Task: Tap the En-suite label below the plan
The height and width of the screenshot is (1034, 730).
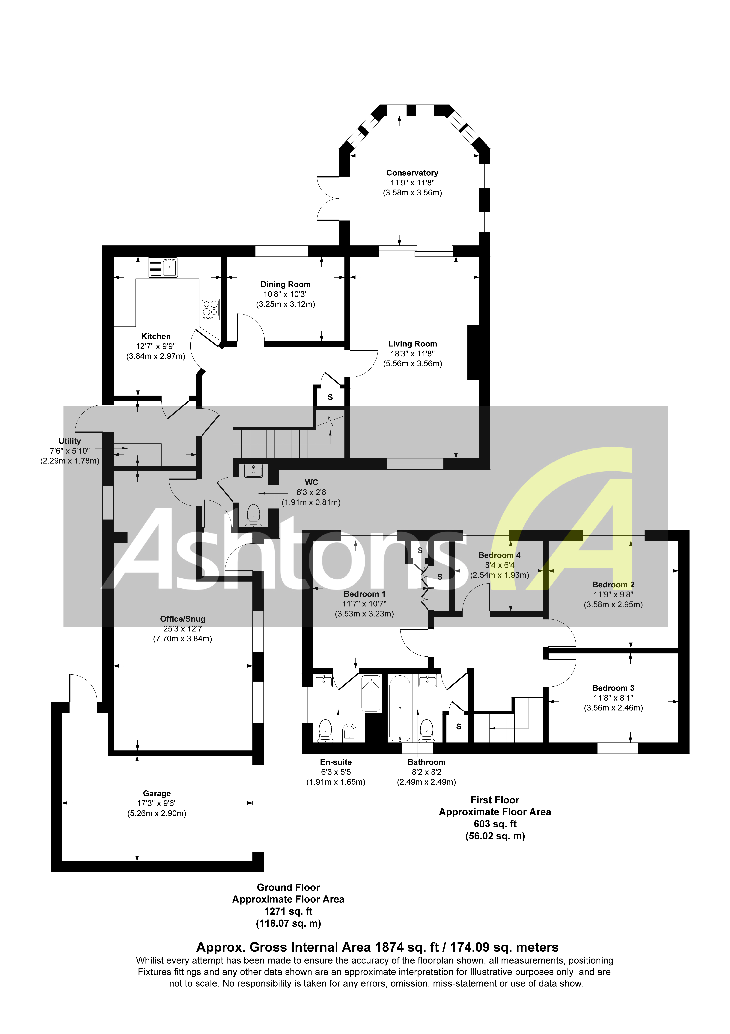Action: coord(336,762)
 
